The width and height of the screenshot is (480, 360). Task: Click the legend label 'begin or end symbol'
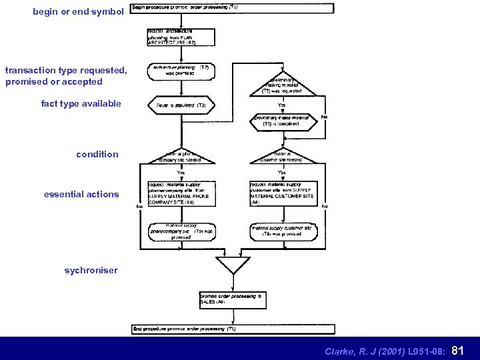point(78,11)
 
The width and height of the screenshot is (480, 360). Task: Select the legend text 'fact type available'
point(81,103)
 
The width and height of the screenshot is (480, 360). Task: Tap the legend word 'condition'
point(97,154)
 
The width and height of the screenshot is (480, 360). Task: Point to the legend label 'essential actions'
point(81,194)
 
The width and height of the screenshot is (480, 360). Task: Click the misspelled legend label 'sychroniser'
point(91,270)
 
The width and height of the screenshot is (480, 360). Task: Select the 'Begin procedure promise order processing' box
point(232,8)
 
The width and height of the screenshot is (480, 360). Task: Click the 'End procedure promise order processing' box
point(232,329)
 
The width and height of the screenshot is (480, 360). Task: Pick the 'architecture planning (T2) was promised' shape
point(181,71)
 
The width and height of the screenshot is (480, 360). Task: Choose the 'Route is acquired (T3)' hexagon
point(181,105)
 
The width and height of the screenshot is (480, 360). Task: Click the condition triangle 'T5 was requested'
point(282,85)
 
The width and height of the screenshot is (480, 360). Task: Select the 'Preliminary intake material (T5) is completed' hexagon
point(282,121)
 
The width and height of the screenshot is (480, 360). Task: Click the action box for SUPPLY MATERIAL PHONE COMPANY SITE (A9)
point(181,193)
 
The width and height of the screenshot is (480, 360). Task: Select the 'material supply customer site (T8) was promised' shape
point(283,231)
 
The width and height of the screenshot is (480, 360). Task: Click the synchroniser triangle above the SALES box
point(233,265)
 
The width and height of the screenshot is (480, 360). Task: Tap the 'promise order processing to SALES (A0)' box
point(233,299)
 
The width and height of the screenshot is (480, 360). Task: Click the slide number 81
point(458,350)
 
